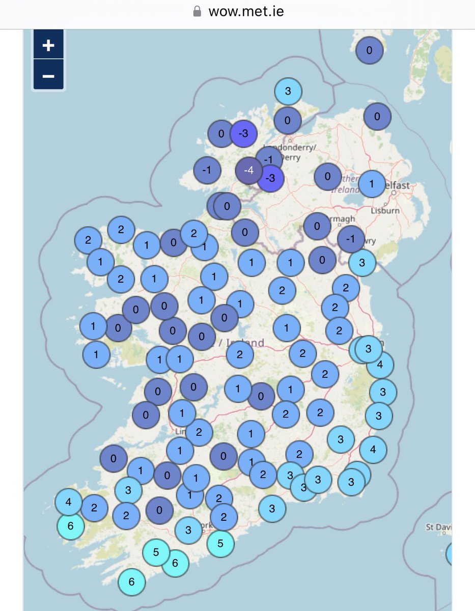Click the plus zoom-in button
click(48, 45)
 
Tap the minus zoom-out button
click(48, 75)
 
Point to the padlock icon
click(197, 12)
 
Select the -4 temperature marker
click(249, 170)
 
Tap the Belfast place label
click(397, 186)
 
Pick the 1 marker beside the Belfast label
click(372, 184)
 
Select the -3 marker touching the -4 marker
click(271, 178)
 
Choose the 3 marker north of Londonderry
click(288, 92)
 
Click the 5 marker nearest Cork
click(220, 543)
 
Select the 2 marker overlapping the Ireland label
click(240, 354)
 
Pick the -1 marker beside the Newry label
click(350, 239)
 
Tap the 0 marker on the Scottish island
click(369, 50)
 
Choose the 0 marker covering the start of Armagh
click(317, 226)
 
